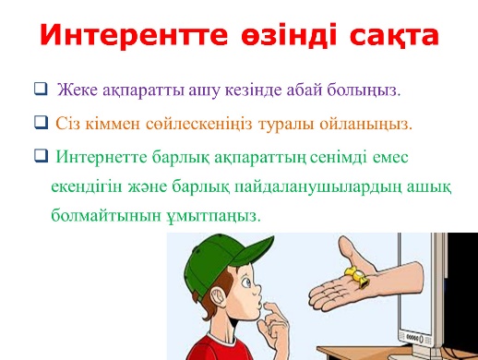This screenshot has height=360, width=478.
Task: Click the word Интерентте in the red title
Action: click(x=134, y=34)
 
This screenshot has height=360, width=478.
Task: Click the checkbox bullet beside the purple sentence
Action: click(x=41, y=89)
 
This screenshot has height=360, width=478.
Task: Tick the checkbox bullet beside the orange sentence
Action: click(x=41, y=122)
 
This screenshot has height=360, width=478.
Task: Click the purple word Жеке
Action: click(x=78, y=90)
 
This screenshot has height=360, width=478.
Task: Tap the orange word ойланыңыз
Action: click(x=365, y=125)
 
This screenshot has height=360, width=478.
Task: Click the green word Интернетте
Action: click(x=102, y=157)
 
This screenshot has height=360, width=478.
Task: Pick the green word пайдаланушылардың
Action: click(x=318, y=187)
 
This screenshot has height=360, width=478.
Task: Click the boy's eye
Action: click(x=246, y=282)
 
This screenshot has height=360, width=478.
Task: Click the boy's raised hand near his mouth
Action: click(x=273, y=326)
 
